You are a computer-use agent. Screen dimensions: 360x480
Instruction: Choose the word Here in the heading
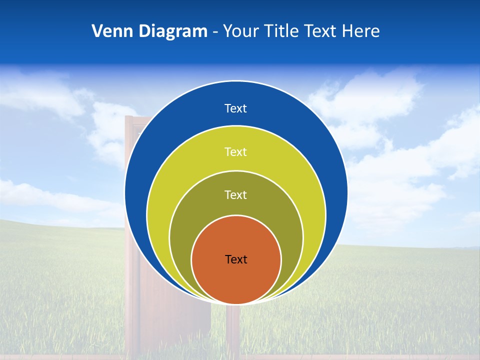click(361, 31)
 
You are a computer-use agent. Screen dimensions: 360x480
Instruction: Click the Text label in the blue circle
click(236, 108)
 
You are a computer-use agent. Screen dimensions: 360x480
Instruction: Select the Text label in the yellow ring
click(236, 151)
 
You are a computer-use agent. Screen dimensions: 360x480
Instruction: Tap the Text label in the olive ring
click(236, 194)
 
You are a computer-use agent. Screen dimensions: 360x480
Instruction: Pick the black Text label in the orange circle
click(236, 259)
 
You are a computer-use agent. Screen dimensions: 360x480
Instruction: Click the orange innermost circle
click(236, 280)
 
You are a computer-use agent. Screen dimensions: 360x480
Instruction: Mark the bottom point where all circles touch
click(236, 303)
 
